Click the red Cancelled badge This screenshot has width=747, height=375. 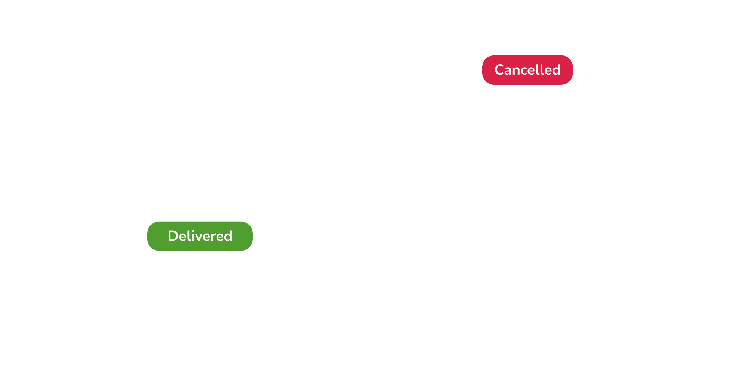pyautogui.click(x=527, y=70)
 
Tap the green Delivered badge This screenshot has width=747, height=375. pyautogui.click(x=200, y=236)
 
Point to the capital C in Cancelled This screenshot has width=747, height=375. pyautogui.click(x=500, y=70)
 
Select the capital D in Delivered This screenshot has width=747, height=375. pyautogui.click(x=173, y=236)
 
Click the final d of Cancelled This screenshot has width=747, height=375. pyautogui.click(x=556, y=70)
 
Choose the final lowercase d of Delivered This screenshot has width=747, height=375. pyautogui.click(x=228, y=236)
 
